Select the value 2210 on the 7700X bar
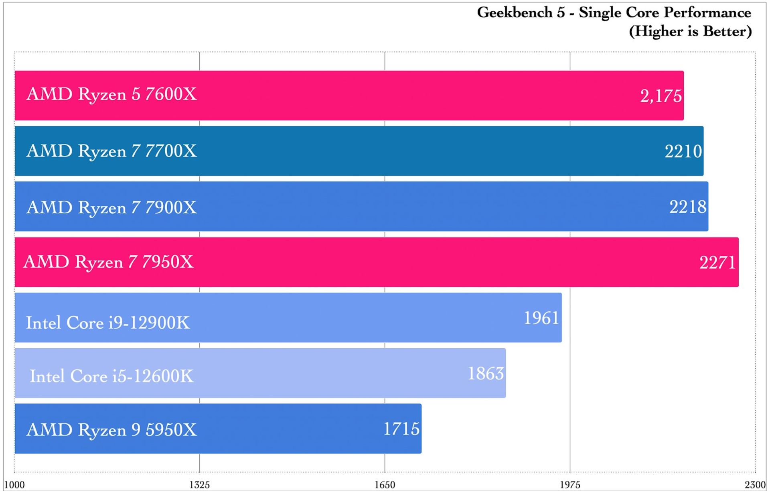click(683, 152)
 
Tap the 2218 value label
click(687, 207)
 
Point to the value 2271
click(717, 263)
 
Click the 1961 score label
click(541, 318)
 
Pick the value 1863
click(485, 374)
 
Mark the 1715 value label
click(401, 429)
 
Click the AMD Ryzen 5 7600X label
click(111, 95)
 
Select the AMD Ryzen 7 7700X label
click(111, 151)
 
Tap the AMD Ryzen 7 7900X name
click(111, 208)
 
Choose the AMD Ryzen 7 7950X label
click(108, 262)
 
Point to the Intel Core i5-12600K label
click(111, 376)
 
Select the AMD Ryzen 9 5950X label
click(111, 430)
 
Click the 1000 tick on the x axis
click(14, 485)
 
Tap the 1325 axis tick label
click(199, 485)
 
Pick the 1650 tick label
click(385, 485)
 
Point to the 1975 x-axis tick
click(570, 485)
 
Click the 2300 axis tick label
click(755, 485)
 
